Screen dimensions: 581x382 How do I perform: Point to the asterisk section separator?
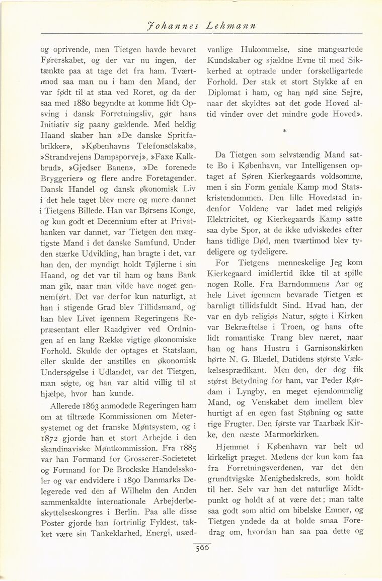[x=285, y=132]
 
